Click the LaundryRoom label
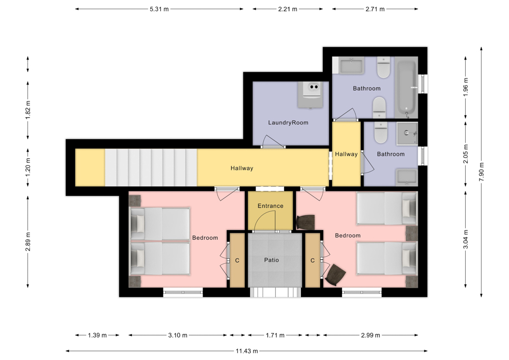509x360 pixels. (x=288, y=123)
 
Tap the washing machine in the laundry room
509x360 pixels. (x=310, y=95)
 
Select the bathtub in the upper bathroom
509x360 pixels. (x=407, y=88)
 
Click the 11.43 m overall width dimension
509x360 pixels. (x=247, y=351)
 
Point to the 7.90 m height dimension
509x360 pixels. (x=482, y=172)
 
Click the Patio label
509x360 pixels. (x=271, y=260)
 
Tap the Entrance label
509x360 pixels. (x=270, y=206)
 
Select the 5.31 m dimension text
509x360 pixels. (x=159, y=9)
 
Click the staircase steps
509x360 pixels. (x=151, y=168)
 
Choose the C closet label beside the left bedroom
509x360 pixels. (x=237, y=260)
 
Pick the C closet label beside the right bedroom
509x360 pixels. (x=313, y=260)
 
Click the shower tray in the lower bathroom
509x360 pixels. (x=407, y=133)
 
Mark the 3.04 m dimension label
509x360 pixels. (x=466, y=239)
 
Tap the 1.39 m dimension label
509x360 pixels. (x=97, y=336)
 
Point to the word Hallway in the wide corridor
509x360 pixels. (x=242, y=168)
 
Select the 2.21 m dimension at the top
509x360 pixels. (x=288, y=9)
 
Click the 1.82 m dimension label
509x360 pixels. (x=28, y=110)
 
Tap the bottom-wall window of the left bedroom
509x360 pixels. (x=183, y=292)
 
